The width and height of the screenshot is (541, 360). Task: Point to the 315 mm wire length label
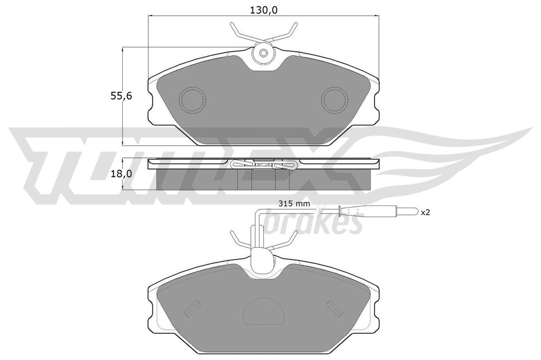pyautogui.click(x=293, y=204)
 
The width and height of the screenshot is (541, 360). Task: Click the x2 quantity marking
pyautogui.click(x=425, y=212)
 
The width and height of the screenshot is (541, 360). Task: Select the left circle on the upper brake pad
pyautogui.click(x=192, y=100)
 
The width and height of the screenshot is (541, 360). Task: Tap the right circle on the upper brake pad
pyautogui.click(x=335, y=100)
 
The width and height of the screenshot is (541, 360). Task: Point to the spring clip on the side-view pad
pyautogui.click(x=263, y=165)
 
